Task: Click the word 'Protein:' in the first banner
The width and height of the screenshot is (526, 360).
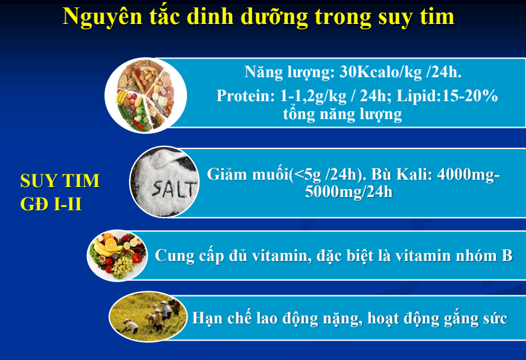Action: click(245, 96)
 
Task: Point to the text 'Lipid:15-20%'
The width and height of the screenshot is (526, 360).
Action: click(447, 96)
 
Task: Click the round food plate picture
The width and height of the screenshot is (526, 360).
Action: click(146, 95)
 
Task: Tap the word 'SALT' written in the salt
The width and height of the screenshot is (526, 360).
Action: click(174, 189)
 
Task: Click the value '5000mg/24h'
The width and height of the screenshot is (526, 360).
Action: click(348, 192)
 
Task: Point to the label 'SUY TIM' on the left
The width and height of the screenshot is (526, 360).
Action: click(60, 181)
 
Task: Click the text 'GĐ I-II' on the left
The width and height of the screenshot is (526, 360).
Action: click(51, 204)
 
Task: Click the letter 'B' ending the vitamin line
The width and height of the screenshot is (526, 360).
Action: click(507, 256)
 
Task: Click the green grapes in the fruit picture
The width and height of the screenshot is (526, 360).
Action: click(122, 267)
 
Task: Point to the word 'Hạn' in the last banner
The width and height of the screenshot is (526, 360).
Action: click(206, 317)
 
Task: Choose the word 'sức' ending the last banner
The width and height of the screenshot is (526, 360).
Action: click(495, 318)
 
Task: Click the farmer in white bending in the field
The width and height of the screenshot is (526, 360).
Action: click(130, 325)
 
